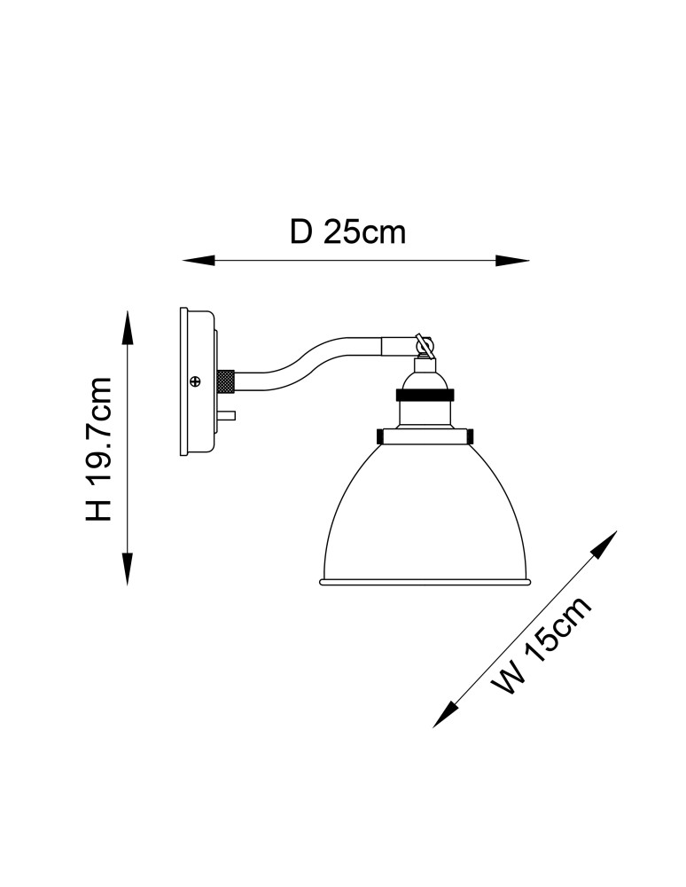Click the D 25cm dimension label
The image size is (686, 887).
click(x=348, y=232)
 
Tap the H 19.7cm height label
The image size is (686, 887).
click(x=99, y=449)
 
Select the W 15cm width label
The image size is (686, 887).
click(x=542, y=646)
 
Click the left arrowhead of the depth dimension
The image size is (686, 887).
click(x=199, y=261)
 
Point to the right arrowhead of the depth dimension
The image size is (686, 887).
click(x=512, y=261)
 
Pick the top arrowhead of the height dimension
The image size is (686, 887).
click(x=129, y=327)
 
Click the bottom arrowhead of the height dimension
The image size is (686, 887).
click(x=129, y=568)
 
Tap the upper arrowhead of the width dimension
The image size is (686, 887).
click(x=604, y=543)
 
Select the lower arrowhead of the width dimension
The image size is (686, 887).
click(x=445, y=714)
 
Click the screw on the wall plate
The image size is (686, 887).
click(x=196, y=381)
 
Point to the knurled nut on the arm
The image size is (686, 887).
click(x=226, y=381)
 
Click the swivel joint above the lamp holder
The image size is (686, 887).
click(x=424, y=346)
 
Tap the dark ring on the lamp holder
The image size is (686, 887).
click(x=425, y=394)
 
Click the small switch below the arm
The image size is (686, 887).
click(x=228, y=416)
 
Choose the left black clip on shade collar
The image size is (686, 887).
click(x=380, y=436)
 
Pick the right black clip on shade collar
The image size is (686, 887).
click(x=469, y=436)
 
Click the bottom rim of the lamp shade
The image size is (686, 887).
click(x=425, y=582)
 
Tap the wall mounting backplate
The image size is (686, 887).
click(x=198, y=381)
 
